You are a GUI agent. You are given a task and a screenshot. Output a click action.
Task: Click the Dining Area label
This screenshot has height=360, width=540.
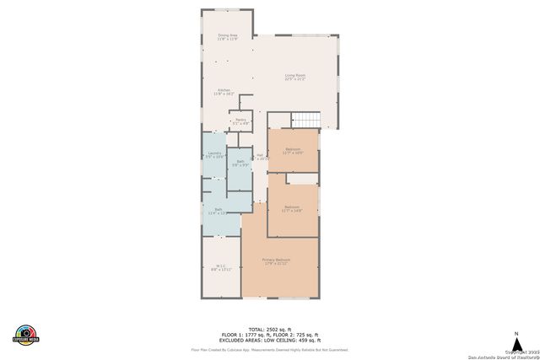[x=227, y=37]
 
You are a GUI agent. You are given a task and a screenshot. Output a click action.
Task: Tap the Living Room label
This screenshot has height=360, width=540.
[x=294, y=78]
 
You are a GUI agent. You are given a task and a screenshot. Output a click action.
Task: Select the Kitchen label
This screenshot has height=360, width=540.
[x=224, y=91]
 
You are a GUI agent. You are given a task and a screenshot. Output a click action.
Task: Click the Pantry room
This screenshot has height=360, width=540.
[x=240, y=121]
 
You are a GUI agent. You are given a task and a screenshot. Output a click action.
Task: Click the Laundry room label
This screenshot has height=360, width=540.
[x=214, y=155]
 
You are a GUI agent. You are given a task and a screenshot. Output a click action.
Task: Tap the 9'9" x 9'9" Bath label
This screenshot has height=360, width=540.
[x=240, y=163]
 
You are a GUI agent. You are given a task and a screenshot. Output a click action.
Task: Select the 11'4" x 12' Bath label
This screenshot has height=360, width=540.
[x=219, y=211]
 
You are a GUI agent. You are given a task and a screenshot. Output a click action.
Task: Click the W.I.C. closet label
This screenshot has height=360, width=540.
[x=219, y=267]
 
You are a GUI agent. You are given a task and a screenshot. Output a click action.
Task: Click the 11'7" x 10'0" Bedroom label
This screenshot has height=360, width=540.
[x=292, y=150]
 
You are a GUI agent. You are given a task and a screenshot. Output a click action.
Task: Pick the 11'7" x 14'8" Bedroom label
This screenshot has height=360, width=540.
[x=292, y=208]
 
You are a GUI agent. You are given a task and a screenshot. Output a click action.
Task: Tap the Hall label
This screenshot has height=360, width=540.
[x=261, y=157]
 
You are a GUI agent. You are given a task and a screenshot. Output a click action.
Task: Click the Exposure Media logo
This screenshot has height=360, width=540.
[x=26, y=334]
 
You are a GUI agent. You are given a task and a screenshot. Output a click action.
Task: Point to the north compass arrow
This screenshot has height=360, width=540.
[x=516, y=336]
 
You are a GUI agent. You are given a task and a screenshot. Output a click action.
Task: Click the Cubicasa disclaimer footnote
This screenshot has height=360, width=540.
[x=269, y=348]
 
